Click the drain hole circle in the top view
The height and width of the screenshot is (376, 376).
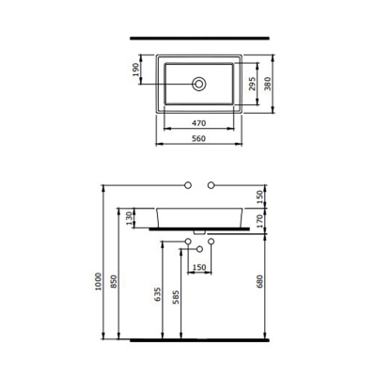point(199,84)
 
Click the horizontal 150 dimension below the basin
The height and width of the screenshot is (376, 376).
point(200,266)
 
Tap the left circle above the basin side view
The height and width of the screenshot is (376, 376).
point(188,181)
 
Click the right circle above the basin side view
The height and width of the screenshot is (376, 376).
point(211,181)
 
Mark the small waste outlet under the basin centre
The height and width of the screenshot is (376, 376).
point(200,232)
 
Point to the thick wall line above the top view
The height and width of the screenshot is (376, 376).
point(198,35)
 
